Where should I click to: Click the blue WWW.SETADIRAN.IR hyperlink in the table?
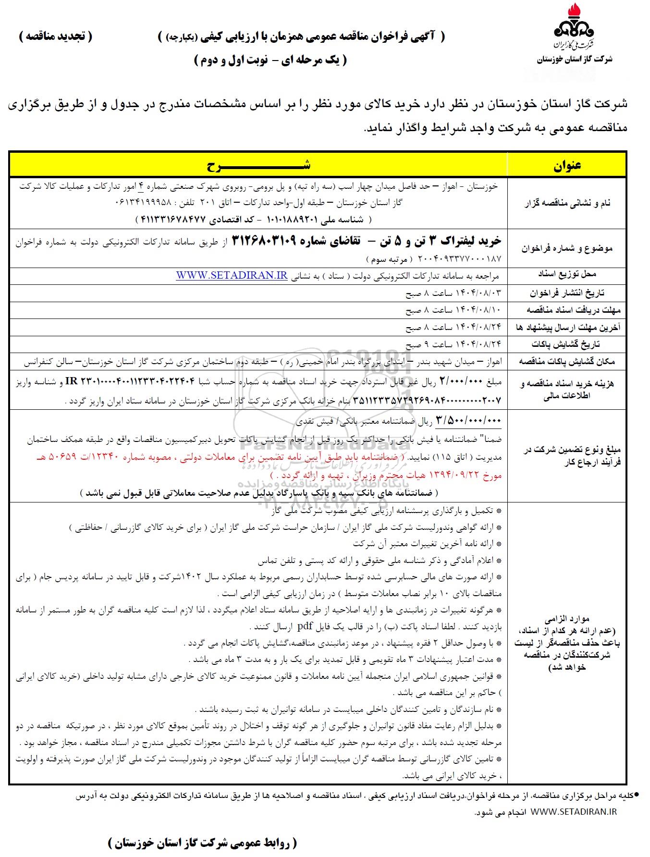[232, 276]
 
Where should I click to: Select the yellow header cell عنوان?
[567, 165]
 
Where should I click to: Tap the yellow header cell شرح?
[258, 165]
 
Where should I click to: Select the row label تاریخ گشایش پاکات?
[567, 344]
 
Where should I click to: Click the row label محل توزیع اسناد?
[567, 275]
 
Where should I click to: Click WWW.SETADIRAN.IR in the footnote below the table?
[574, 811]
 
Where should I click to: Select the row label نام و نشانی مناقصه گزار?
[567, 203]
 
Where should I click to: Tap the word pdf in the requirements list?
[305, 626]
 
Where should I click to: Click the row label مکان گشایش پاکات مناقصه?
[567, 361]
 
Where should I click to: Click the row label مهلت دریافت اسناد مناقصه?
[567, 310]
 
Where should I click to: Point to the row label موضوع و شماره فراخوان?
[567, 248]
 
